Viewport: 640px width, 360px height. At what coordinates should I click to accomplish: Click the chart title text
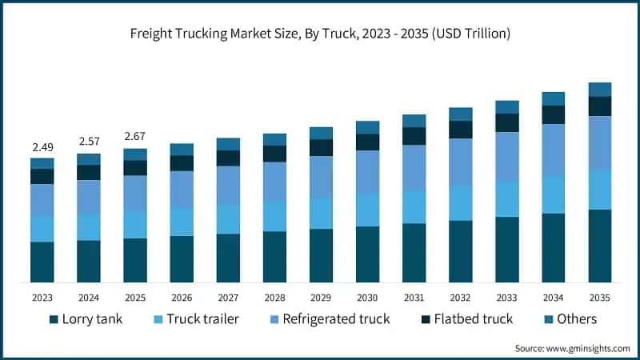(x=320, y=34)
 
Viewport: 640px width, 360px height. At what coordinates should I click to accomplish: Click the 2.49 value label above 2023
(x=42, y=147)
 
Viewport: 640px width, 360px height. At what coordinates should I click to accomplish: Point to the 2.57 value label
(x=89, y=142)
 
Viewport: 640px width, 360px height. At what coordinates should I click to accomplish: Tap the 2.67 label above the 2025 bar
(x=135, y=136)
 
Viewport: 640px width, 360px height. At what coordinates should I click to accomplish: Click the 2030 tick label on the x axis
(x=367, y=297)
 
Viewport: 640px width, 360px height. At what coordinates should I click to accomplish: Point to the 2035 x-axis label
(x=600, y=297)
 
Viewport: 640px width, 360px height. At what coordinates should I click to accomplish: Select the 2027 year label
(x=228, y=297)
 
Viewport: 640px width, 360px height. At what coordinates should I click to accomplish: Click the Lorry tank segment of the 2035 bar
(x=600, y=246)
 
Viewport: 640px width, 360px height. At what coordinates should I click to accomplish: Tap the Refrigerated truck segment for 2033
(x=507, y=156)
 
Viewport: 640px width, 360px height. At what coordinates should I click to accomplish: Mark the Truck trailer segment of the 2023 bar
(x=42, y=229)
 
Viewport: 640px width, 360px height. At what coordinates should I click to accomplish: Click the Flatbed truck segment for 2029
(x=321, y=148)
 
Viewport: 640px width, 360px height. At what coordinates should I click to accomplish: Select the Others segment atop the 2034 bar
(x=554, y=98)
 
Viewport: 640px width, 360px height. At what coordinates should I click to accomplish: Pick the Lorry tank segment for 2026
(x=182, y=258)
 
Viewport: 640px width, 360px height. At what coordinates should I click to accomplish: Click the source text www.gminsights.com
(x=572, y=349)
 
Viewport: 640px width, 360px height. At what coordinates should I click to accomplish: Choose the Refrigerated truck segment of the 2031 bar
(x=414, y=167)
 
